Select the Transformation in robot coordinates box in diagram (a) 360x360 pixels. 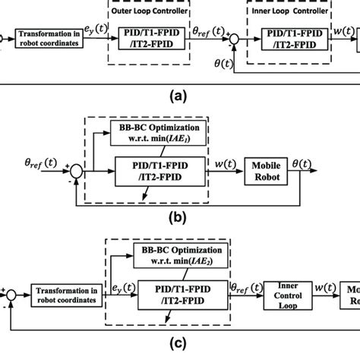[49, 36]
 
